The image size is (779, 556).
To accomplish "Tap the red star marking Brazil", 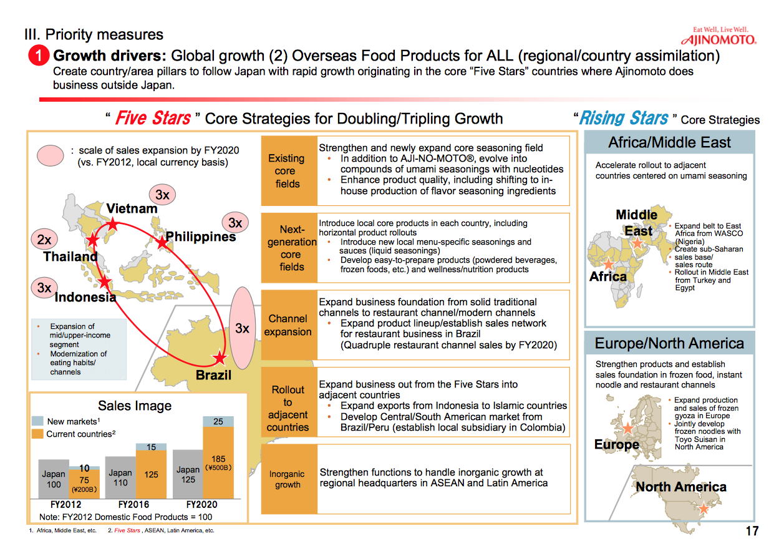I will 220,358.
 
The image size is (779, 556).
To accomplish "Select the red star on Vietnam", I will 112,223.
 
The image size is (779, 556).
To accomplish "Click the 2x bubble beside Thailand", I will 44,240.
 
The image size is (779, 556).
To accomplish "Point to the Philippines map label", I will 201,237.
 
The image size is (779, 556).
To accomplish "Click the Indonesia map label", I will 85,297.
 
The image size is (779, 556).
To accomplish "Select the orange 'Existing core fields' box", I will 288,171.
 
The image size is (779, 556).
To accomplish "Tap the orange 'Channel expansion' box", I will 288,325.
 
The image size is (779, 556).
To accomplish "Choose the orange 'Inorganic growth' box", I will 288,479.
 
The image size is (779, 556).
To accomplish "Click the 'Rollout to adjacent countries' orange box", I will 288,408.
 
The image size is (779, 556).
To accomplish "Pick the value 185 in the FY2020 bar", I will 218,459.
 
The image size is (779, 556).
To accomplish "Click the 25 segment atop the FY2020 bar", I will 218,422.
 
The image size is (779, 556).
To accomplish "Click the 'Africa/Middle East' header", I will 669,143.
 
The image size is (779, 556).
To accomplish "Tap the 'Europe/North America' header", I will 669,343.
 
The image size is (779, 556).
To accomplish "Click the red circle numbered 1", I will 39,56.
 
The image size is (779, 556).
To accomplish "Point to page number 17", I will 752,531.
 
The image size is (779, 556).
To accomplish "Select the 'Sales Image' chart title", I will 135,406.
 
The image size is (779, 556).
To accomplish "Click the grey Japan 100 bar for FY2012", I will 54,479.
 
